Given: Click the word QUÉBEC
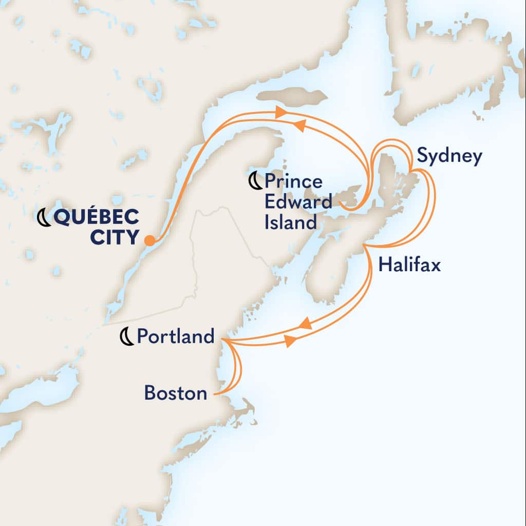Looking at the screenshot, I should (96, 218).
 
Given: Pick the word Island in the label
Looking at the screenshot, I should (291, 222).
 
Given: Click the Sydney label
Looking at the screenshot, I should (449, 156).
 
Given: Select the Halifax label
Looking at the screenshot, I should (409, 265).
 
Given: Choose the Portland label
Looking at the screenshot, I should (175, 336).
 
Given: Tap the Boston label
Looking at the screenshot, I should (176, 393).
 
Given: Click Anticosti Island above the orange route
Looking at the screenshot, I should (292, 97).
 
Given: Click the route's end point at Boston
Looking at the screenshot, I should (216, 394).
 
